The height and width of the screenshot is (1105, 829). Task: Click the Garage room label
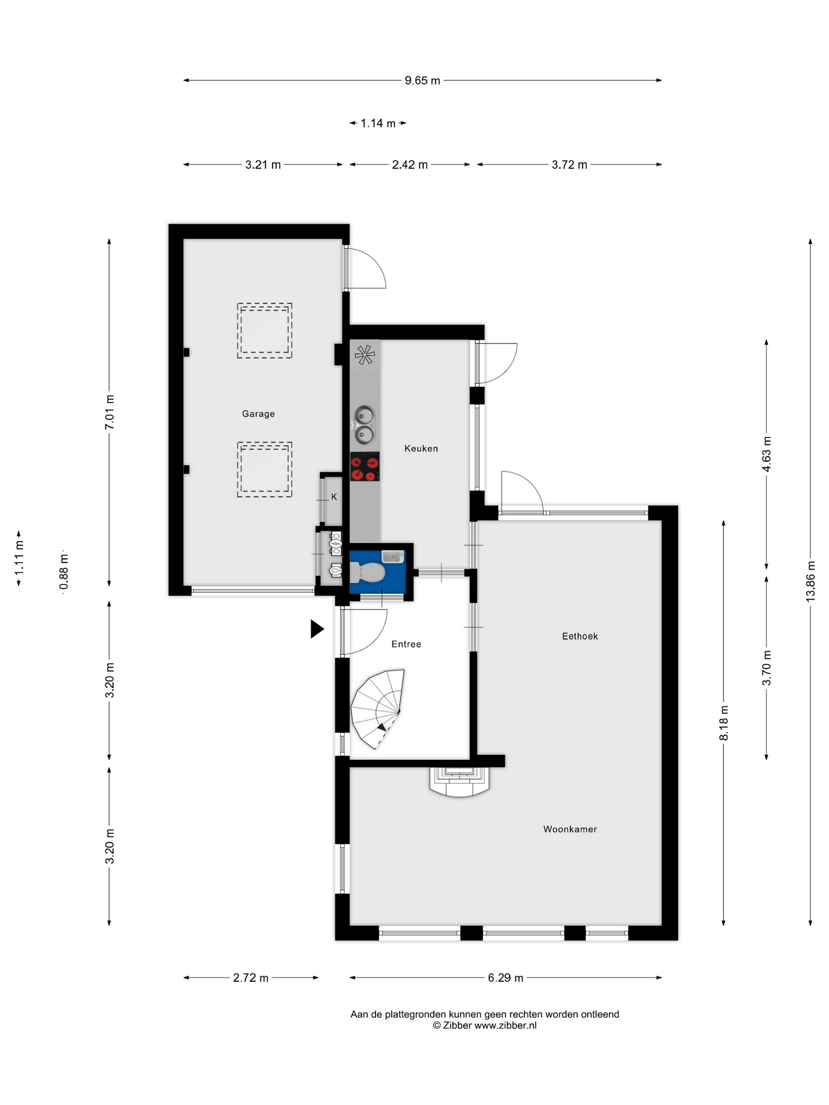tap(258, 414)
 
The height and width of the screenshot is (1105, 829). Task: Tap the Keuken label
tap(421, 448)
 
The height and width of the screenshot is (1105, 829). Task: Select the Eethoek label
tap(579, 636)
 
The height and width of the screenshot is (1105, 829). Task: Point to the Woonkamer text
tap(570, 829)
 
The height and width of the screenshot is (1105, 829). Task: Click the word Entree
tap(406, 644)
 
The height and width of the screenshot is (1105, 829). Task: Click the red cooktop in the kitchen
tap(364, 467)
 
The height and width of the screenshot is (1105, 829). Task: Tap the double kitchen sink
tap(364, 425)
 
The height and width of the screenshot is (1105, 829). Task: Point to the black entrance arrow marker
tap(317, 629)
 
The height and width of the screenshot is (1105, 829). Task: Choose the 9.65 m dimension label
tap(422, 80)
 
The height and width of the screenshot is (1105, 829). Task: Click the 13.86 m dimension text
tap(810, 581)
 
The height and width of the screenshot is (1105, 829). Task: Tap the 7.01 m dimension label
tap(109, 412)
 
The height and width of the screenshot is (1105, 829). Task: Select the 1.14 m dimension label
tap(378, 123)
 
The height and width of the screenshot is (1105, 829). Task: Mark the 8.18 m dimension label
tap(724, 723)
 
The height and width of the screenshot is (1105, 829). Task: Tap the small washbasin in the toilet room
tap(392, 556)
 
